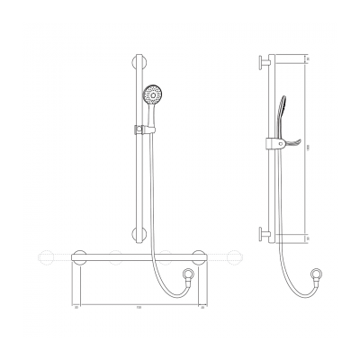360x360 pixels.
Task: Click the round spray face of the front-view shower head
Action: tap(156, 93)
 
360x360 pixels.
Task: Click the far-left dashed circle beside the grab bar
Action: tap(39, 257)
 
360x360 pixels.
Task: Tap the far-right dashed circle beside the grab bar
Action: tap(235, 257)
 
